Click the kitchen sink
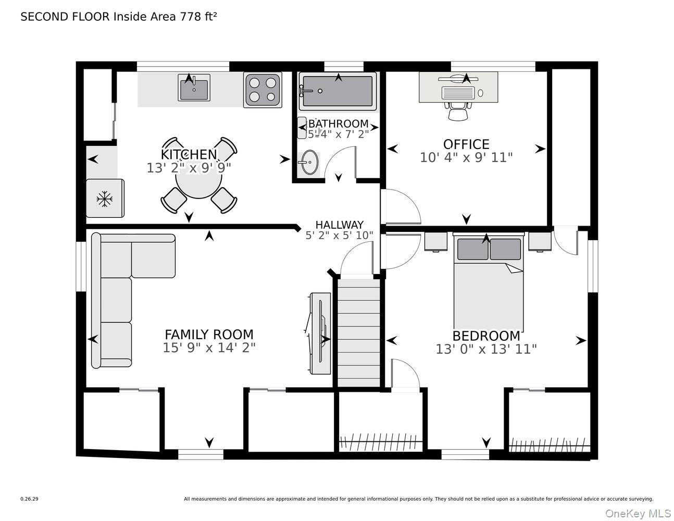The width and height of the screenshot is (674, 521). (194, 88)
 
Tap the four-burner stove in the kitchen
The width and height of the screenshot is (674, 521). (263, 90)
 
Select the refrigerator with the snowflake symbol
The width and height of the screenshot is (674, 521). (105, 198)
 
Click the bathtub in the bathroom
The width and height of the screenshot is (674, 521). (338, 91)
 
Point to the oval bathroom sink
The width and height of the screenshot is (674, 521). (308, 163)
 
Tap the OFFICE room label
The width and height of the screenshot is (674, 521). (466, 144)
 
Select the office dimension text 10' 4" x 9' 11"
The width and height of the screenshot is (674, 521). (466, 157)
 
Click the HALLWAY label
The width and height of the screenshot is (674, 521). (339, 225)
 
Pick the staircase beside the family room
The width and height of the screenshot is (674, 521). (359, 333)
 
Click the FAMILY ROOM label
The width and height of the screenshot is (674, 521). (209, 334)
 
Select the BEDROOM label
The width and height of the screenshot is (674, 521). (486, 336)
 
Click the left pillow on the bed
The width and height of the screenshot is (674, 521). (472, 249)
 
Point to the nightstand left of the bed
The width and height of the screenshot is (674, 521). (435, 242)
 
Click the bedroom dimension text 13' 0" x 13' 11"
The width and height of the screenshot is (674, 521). (486, 349)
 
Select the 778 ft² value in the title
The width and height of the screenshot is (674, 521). (198, 17)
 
